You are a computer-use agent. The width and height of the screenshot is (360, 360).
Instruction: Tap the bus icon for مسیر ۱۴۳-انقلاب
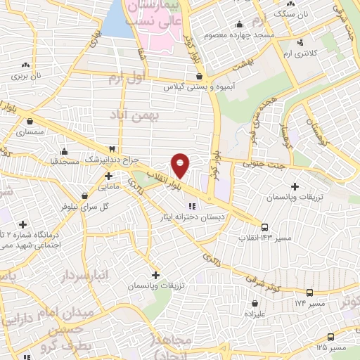click(264, 227)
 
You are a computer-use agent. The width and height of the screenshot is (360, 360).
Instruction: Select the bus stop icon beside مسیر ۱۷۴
click(309, 291)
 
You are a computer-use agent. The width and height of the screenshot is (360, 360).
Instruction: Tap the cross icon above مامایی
click(108, 176)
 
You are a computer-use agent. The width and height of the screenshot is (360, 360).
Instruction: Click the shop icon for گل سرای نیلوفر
click(85, 196)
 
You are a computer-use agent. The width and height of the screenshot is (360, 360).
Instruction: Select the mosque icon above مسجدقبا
click(65, 150)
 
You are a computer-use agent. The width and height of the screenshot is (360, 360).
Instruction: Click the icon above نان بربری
click(26, 63)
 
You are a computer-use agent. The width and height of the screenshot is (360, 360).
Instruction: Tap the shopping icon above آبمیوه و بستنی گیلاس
click(200, 76)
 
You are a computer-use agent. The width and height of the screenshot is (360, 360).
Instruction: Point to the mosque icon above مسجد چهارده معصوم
click(240, 23)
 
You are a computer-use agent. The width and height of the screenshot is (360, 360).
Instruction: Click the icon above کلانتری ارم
click(300, 41)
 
